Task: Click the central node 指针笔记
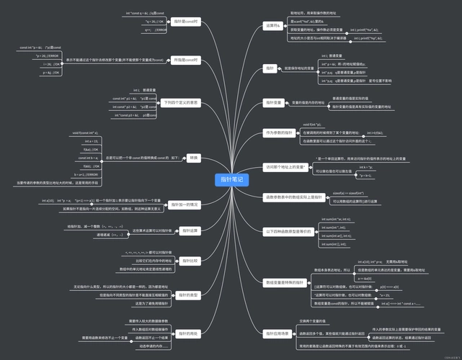pyautogui.click(x=231, y=179)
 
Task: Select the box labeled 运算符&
pyautogui.click(x=272, y=27)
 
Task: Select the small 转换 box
pyautogui.click(x=193, y=158)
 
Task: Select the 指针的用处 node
pyautogui.click(x=189, y=333)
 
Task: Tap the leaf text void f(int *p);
pyautogui.click(x=311, y=125)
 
